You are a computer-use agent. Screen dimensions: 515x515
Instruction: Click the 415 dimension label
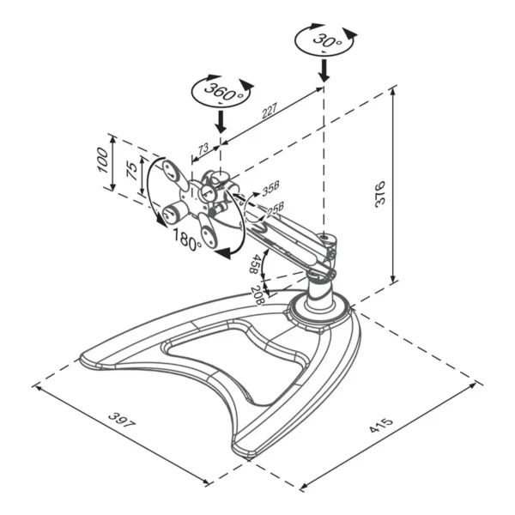pyautogui.click(x=381, y=425)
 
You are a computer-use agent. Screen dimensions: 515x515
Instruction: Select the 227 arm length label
pyautogui.click(x=270, y=111)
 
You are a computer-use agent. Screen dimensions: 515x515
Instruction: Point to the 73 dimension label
pyautogui.click(x=203, y=148)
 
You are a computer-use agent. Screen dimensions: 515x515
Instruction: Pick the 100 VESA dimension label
pyautogui.click(x=102, y=161)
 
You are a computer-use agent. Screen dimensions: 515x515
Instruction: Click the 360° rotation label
pyautogui.click(x=225, y=93)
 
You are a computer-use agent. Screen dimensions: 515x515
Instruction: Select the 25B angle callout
pyautogui.click(x=275, y=210)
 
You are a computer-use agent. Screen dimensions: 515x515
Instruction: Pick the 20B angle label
pyautogui.click(x=257, y=294)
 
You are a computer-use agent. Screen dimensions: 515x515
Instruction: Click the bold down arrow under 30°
pyautogui.click(x=324, y=70)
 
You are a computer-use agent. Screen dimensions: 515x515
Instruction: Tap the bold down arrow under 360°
pyautogui.click(x=221, y=121)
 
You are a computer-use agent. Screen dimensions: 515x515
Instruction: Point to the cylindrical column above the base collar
pyautogui.click(x=320, y=293)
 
